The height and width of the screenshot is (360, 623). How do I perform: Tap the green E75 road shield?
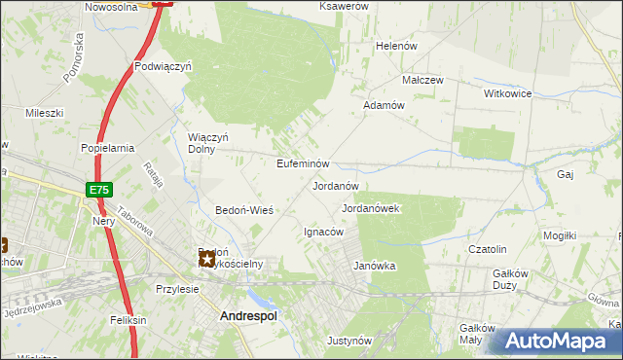[x=98, y=190]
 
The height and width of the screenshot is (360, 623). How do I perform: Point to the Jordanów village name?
[x=336, y=185]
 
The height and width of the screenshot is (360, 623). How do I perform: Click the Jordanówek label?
[x=372, y=208]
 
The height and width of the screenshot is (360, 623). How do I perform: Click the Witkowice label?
[x=507, y=93]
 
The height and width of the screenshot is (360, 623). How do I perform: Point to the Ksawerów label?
[x=344, y=6]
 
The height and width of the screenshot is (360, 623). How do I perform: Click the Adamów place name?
[x=384, y=105]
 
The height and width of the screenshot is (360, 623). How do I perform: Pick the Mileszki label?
[x=44, y=113]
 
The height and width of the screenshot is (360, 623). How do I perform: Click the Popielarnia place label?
[x=107, y=148]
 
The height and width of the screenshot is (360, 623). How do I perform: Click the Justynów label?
[x=349, y=341]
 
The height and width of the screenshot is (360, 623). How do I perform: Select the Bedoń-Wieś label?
[x=243, y=210]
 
